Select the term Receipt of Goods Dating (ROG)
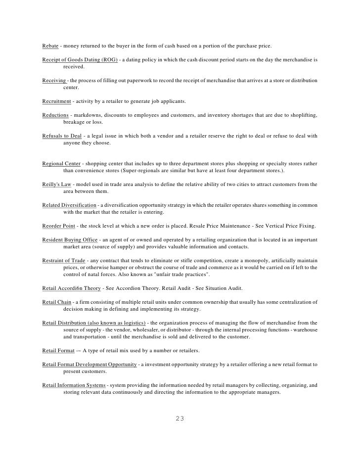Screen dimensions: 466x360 click(80, 60)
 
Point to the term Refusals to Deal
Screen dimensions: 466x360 click(61, 136)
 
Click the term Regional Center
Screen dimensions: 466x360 click(62, 164)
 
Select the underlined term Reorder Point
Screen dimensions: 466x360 click(58, 226)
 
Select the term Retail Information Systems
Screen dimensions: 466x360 click(74, 385)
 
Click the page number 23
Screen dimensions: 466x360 click(180, 419)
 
